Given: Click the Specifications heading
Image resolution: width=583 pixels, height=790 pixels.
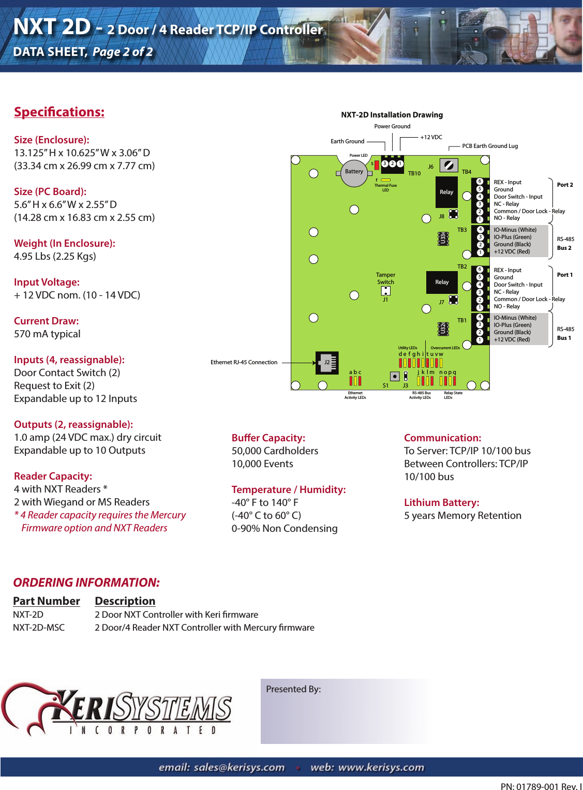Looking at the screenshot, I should (59, 112).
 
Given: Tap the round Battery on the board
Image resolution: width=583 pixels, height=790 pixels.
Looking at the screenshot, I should (354, 172).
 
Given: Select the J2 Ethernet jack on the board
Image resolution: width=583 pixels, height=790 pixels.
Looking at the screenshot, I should (327, 363).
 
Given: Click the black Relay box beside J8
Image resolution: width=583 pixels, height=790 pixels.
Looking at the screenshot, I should (446, 192).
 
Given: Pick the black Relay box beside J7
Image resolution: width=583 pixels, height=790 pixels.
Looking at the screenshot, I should (442, 282).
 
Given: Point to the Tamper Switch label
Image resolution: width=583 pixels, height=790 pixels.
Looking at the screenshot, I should (385, 278).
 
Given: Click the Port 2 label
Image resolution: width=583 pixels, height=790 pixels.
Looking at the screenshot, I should (564, 185).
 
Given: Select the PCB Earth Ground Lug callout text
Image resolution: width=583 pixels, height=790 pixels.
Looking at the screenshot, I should (489, 146).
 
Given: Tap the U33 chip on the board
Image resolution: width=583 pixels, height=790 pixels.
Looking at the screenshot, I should (443, 239).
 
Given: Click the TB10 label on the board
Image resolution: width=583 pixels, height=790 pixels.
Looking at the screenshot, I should (414, 173).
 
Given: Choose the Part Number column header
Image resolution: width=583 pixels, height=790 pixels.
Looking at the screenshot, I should (47, 601).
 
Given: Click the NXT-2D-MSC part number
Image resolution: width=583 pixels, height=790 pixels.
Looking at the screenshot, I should (39, 628).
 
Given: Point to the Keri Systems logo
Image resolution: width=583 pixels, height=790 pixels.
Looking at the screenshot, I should (116, 709).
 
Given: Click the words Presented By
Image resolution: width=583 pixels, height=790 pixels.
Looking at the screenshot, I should (293, 689).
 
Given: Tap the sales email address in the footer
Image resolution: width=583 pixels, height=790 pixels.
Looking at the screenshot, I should (221, 767).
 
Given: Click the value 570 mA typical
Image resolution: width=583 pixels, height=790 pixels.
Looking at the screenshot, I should (47, 334).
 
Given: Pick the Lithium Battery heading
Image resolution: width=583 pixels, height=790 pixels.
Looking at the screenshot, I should (441, 502).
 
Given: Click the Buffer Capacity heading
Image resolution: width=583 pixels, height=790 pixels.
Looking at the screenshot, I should (268, 438).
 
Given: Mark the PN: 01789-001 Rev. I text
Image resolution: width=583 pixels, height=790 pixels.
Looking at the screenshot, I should (541, 786).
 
